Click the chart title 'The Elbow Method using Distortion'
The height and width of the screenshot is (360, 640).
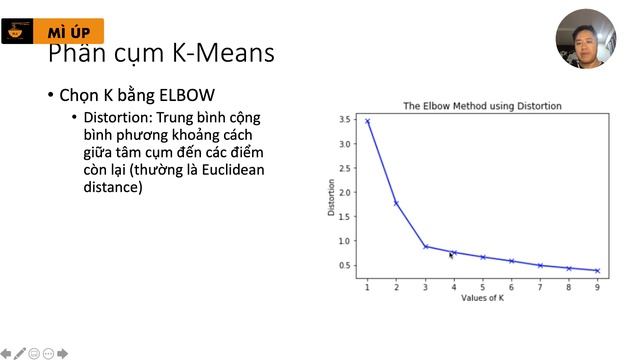tap(482, 105)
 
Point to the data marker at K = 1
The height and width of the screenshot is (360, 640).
tap(367, 121)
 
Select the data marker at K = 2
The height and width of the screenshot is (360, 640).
tap(396, 203)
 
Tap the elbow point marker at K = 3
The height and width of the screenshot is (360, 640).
tap(425, 246)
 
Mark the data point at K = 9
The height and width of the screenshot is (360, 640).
tap(598, 270)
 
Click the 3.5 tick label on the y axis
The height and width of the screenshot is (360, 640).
tap(344, 120)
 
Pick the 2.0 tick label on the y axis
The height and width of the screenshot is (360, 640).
tap(344, 193)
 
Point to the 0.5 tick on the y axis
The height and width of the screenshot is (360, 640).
tap(344, 265)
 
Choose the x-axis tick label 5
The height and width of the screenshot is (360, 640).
tap(483, 287)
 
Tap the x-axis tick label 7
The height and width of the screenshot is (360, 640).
tap(540, 287)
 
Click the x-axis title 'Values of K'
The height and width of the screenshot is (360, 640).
tap(482, 298)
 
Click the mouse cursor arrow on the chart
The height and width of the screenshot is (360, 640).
tap(451, 256)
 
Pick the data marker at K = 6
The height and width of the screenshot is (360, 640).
tap(512, 261)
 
